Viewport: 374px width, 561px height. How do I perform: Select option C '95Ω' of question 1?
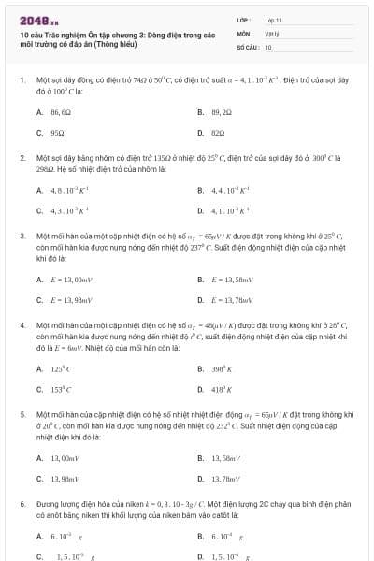(54, 133)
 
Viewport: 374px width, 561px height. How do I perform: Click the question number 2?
(22, 158)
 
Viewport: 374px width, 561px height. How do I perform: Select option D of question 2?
(222, 210)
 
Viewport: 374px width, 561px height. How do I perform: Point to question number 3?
(22, 236)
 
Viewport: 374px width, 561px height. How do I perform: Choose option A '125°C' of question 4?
(58, 367)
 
